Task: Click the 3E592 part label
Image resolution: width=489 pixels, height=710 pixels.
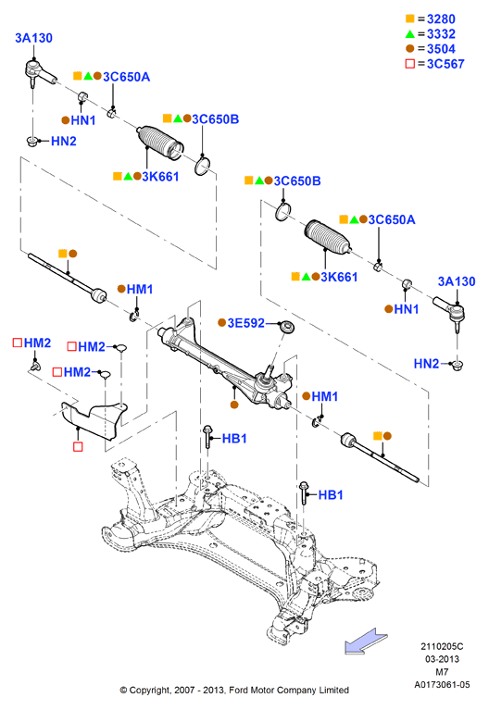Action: pyautogui.click(x=245, y=323)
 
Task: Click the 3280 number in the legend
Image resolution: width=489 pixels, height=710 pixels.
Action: pyautogui.click(x=441, y=19)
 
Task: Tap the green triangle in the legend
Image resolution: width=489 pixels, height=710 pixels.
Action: pyautogui.click(x=410, y=34)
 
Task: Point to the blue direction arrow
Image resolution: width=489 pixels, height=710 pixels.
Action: pyautogui.click(x=366, y=641)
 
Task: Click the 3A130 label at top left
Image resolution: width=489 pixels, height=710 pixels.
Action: pyautogui.click(x=33, y=38)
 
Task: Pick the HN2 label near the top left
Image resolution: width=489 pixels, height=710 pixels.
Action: pyautogui.click(x=64, y=142)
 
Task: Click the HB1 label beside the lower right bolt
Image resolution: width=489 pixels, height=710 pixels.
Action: pyautogui.click(x=331, y=495)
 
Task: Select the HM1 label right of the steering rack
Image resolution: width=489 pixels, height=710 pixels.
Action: pyautogui.click(x=325, y=397)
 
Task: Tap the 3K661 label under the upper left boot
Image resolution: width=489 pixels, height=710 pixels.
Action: pyautogui.click(x=160, y=177)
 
